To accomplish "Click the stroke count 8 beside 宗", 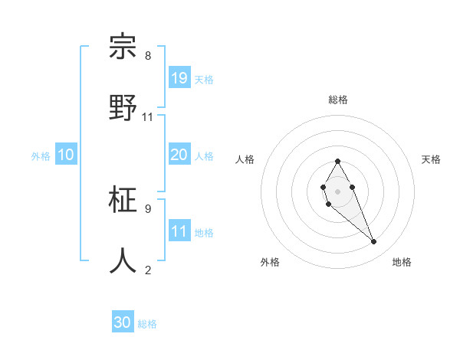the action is (148, 56).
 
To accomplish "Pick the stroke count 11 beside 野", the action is (148, 116).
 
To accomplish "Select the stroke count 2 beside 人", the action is (148, 270).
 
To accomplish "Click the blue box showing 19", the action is (179, 77).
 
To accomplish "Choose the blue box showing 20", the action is (179, 155).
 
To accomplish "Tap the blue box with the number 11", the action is (179, 231).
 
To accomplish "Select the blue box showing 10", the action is (66, 155).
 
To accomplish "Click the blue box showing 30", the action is (123, 322).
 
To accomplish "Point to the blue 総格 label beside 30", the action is (147, 324).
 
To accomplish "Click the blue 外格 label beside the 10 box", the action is (41, 156).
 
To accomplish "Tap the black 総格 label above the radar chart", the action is (337, 100).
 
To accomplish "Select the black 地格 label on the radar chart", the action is (402, 262).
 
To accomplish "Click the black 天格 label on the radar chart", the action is (431, 159).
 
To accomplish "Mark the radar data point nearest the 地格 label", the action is (374, 242).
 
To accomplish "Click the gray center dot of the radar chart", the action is (337, 190).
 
